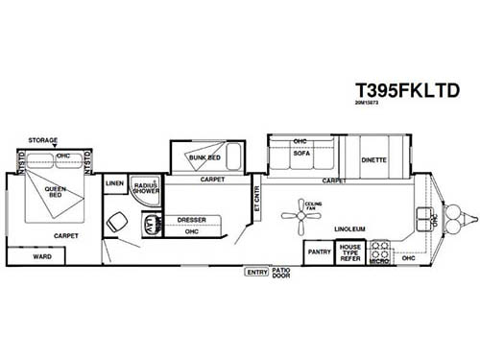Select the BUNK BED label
[x=204, y=157]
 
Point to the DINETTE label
[x=373, y=160]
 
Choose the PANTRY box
[x=319, y=252]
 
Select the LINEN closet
[x=115, y=182]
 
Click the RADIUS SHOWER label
[x=145, y=187]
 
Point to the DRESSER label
[x=192, y=221]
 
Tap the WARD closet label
[x=41, y=256]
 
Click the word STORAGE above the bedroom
[x=42, y=140]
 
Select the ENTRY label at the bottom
[x=256, y=274]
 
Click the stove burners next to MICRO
[x=378, y=246]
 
